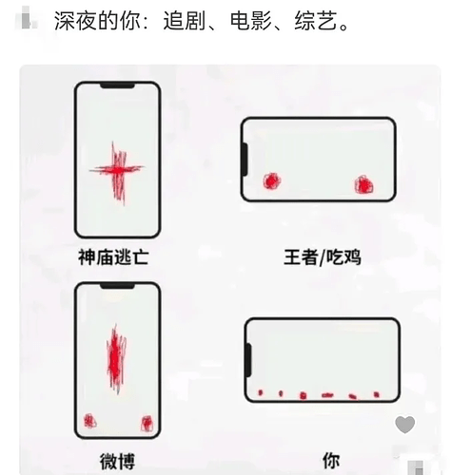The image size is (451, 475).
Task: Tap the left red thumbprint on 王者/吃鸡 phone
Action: pos(271,181)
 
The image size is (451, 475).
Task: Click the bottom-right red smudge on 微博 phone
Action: pos(147,423)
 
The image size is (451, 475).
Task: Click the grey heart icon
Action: pos(405,425)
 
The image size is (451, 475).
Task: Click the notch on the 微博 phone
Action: pos(117,288)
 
